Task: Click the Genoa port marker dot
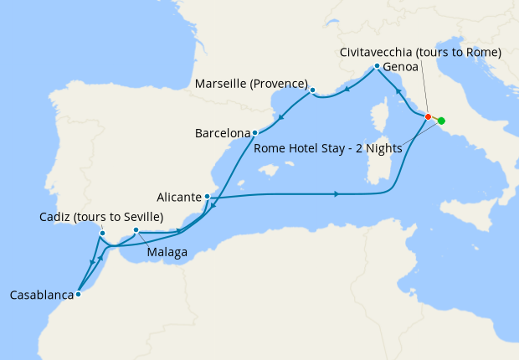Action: coord(378,66)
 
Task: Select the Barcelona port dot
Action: coord(254,132)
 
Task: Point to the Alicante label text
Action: coord(177,198)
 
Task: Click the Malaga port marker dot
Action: coord(136,230)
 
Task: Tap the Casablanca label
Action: coord(39,295)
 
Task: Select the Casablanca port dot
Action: coord(78,294)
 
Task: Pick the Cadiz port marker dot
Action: coord(102,234)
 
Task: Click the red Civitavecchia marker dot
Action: coord(428,116)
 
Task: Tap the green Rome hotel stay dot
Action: coord(441,121)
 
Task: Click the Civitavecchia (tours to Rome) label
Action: coord(420,52)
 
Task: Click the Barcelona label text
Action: coord(223,133)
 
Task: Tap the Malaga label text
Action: coord(167,251)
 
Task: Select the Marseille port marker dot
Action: coord(311,90)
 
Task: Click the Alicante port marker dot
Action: coord(207,197)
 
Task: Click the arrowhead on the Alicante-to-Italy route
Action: coord(337,194)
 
